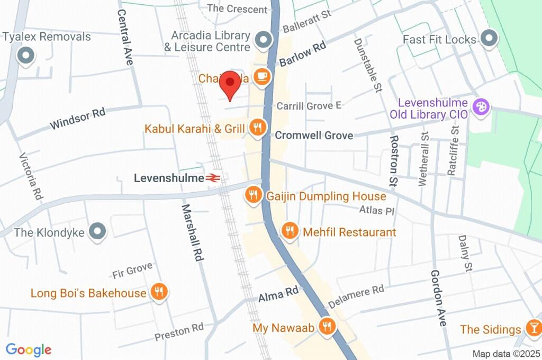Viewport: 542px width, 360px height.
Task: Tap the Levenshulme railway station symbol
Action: pyautogui.click(x=214, y=178)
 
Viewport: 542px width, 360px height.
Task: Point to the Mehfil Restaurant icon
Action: pyautogui.click(x=290, y=231)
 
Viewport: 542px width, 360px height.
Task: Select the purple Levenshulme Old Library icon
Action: pyautogui.click(x=481, y=107)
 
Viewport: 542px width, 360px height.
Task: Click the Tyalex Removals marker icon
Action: pyautogui.click(x=25, y=56)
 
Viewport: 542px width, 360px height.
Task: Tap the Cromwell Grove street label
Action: pyautogui.click(x=314, y=136)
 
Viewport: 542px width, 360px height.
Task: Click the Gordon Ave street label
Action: pyautogui.click(x=438, y=298)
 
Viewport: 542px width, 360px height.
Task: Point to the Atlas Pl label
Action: pyautogui.click(x=377, y=211)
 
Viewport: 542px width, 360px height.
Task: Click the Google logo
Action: pyautogui.click(x=29, y=349)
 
